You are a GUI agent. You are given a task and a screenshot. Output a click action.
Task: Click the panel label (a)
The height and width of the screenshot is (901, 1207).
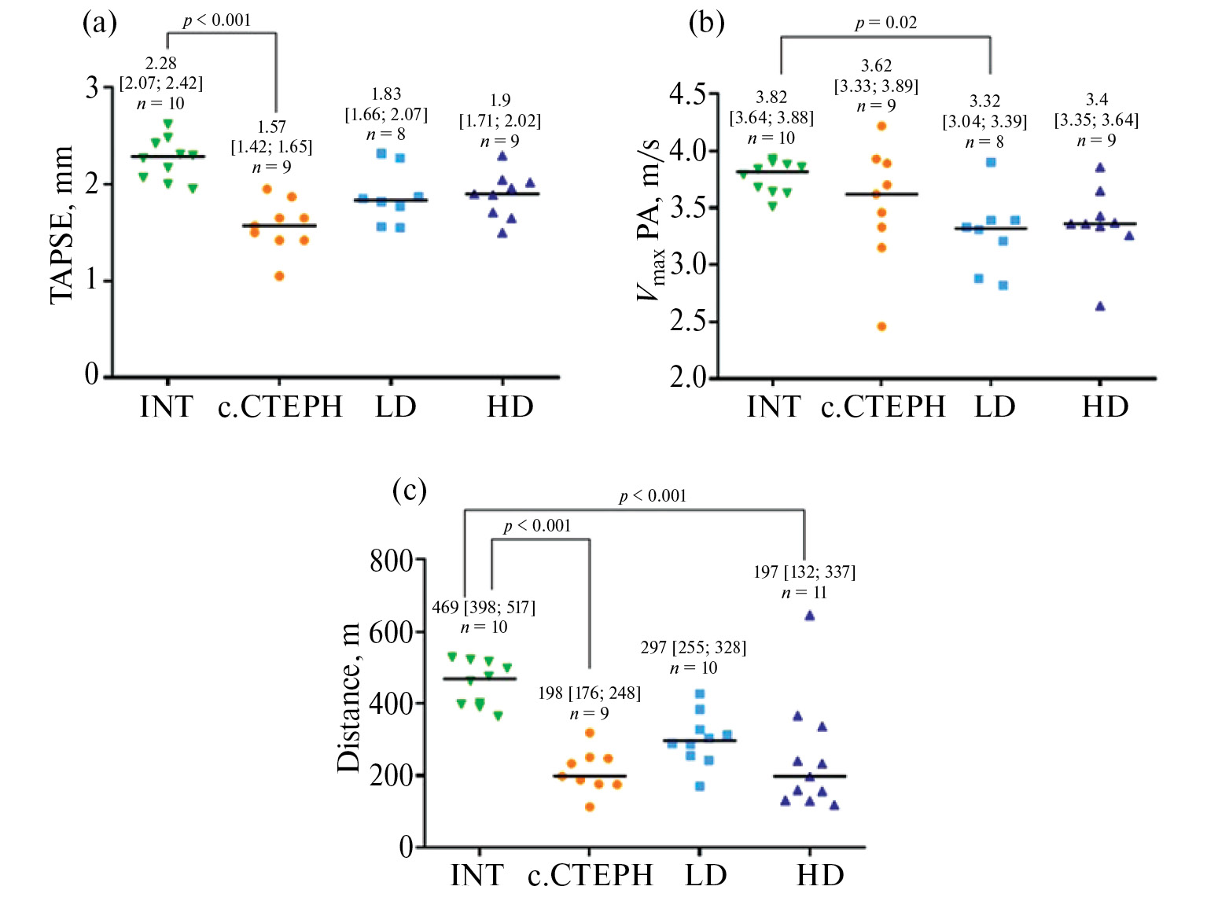100,23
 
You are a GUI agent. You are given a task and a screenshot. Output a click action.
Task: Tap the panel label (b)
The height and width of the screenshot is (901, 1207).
706,23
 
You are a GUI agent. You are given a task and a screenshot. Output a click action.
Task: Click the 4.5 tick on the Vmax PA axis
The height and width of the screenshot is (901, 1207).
686,94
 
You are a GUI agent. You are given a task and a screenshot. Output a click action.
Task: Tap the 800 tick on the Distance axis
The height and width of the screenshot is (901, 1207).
391,561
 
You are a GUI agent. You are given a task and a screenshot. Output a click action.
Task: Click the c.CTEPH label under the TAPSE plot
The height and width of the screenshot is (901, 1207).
280,406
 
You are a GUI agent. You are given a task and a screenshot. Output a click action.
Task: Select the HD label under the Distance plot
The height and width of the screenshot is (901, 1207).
820,874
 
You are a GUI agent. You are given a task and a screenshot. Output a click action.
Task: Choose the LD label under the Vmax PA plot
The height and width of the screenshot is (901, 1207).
995,406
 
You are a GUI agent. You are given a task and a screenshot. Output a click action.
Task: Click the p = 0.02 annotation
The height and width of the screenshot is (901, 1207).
886,23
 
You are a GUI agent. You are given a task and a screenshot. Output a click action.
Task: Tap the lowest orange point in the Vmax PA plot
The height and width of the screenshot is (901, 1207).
881,326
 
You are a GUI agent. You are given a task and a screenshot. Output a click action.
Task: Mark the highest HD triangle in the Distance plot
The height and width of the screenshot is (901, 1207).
809,616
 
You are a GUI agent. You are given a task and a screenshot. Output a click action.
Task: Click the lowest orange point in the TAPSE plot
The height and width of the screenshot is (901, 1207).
279,276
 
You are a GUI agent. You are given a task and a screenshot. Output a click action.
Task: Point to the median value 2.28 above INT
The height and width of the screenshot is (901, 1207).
160,63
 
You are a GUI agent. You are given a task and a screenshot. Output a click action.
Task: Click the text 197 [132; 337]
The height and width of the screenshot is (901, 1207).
804,572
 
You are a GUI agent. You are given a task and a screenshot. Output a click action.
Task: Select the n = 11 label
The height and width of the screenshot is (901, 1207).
804,592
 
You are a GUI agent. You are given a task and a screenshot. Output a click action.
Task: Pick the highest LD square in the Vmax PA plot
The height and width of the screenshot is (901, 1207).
991,163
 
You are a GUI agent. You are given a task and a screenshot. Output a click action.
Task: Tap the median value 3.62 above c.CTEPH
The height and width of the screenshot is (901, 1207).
876,65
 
